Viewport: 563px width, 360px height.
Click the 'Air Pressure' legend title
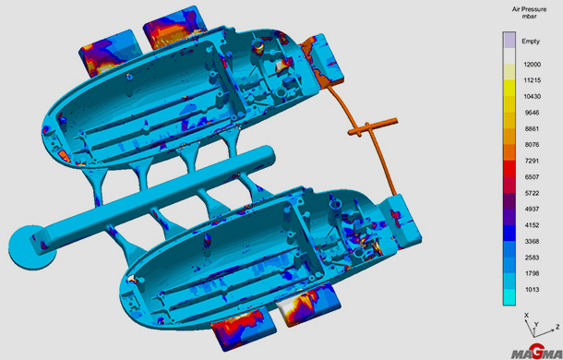click(529, 9)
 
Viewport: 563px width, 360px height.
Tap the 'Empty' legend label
click(531, 42)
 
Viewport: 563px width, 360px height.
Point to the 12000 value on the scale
click(533, 65)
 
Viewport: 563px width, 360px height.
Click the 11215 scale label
click(533, 80)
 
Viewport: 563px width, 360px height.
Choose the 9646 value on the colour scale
click(533, 113)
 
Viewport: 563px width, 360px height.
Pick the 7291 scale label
click(533, 161)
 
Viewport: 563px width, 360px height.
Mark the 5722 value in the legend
click(533, 193)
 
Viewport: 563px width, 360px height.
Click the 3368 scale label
click(533, 242)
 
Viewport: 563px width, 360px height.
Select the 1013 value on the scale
click(533, 290)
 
